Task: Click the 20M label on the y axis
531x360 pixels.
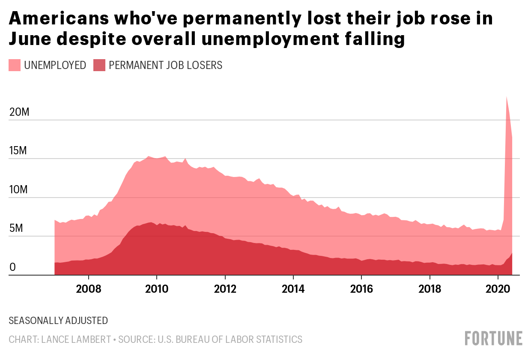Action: [19, 112]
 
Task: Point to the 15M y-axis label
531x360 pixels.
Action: [18, 150]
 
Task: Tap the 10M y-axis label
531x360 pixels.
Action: [18, 189]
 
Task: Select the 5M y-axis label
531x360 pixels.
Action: [16, 228]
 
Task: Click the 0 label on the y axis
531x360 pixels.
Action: [12, 267]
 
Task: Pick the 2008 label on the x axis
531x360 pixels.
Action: [88, 289]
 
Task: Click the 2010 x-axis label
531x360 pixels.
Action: [157, 289]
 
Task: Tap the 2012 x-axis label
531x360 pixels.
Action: [225, 289]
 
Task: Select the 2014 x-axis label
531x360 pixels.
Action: [293, 289]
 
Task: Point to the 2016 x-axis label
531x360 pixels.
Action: [361, 289]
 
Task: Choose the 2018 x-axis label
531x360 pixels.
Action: [430, 289]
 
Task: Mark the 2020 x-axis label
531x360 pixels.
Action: [498, 289]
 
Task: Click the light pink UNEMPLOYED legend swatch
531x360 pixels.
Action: [15, 65]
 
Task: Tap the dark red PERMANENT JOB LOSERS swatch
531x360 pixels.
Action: [99, 65]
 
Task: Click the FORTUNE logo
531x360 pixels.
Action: [494, 339]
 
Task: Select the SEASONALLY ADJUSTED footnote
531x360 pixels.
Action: [58, 321]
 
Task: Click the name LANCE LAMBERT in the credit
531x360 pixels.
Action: [76, 339]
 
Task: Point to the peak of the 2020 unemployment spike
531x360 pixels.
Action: [507, 96]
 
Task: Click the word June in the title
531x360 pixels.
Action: [30, 39]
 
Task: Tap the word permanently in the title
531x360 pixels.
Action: [242, 19]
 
